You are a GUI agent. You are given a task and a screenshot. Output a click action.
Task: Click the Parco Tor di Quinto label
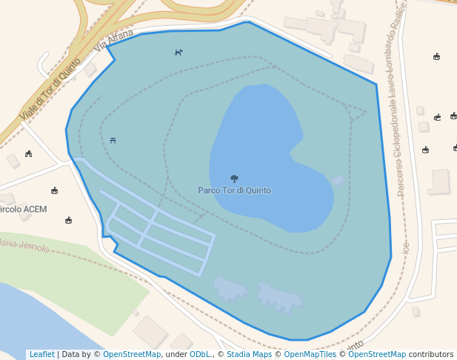click(234, 190)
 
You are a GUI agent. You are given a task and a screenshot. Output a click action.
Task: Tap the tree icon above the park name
click(234, 179)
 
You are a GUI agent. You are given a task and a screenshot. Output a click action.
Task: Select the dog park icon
click(179, 52)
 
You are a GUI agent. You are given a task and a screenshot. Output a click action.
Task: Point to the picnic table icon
click(113, 139)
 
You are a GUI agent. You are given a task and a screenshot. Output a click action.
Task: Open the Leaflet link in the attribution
click(41, 355)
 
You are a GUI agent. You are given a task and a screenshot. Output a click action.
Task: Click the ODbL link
click(199, 355)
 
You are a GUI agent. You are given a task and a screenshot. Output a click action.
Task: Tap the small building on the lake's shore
click(338, 181)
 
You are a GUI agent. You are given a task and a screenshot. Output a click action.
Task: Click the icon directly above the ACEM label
click(54, 191)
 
